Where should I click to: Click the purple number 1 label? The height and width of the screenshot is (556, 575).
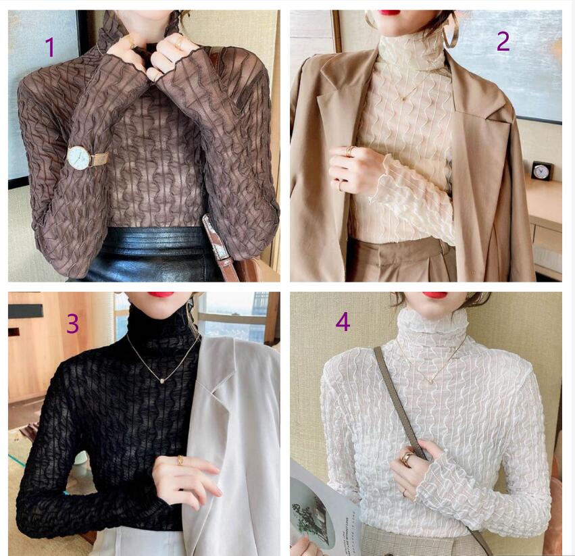(x=49, y=47)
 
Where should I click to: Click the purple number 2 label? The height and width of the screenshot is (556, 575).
(x=503, y=41)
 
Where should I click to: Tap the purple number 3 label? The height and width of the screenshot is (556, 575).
(x=72, y=324)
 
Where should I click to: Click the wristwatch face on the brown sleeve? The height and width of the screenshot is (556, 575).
(x=79, y=157)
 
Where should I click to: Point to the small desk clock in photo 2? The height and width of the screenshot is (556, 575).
(x=541, y=171)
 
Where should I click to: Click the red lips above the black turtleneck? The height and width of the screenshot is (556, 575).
(x=161, y=295)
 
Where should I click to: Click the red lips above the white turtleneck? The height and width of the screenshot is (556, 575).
(x=435, y=295)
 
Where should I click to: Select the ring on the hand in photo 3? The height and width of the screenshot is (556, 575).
(x=180, y=461)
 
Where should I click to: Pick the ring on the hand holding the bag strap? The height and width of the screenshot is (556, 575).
(x=407, y=457)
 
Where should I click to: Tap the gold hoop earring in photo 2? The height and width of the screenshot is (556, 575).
(x=451, y=30)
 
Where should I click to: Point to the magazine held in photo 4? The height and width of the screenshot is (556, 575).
(x=322, y=507)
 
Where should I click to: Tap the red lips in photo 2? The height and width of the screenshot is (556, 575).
(x=389, y=12)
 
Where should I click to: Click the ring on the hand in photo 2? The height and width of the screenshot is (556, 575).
(x=350, y=150)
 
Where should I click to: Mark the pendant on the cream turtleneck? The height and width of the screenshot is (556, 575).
(x=405, y=97)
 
